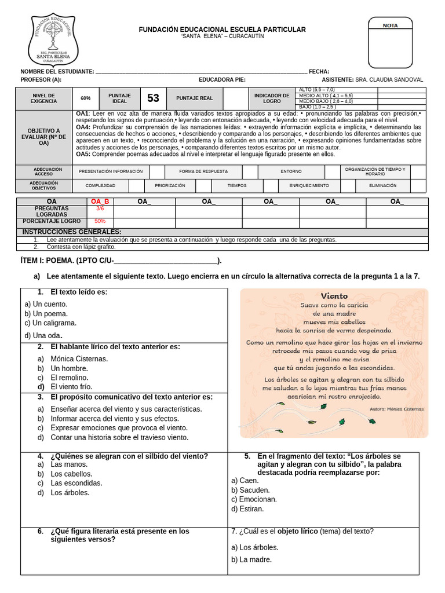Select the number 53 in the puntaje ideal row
(x=153, y=98)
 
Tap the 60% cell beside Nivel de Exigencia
(x=86, y=98)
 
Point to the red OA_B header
(x=100, y=202)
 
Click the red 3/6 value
(x=100, y=208)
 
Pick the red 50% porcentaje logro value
(x=100, y=221)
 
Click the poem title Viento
(x=334, y=295)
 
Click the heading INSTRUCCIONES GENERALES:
(x=72, y=232)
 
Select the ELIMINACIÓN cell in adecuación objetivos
(x=383, y=185)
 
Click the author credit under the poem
(x=396, y=408)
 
